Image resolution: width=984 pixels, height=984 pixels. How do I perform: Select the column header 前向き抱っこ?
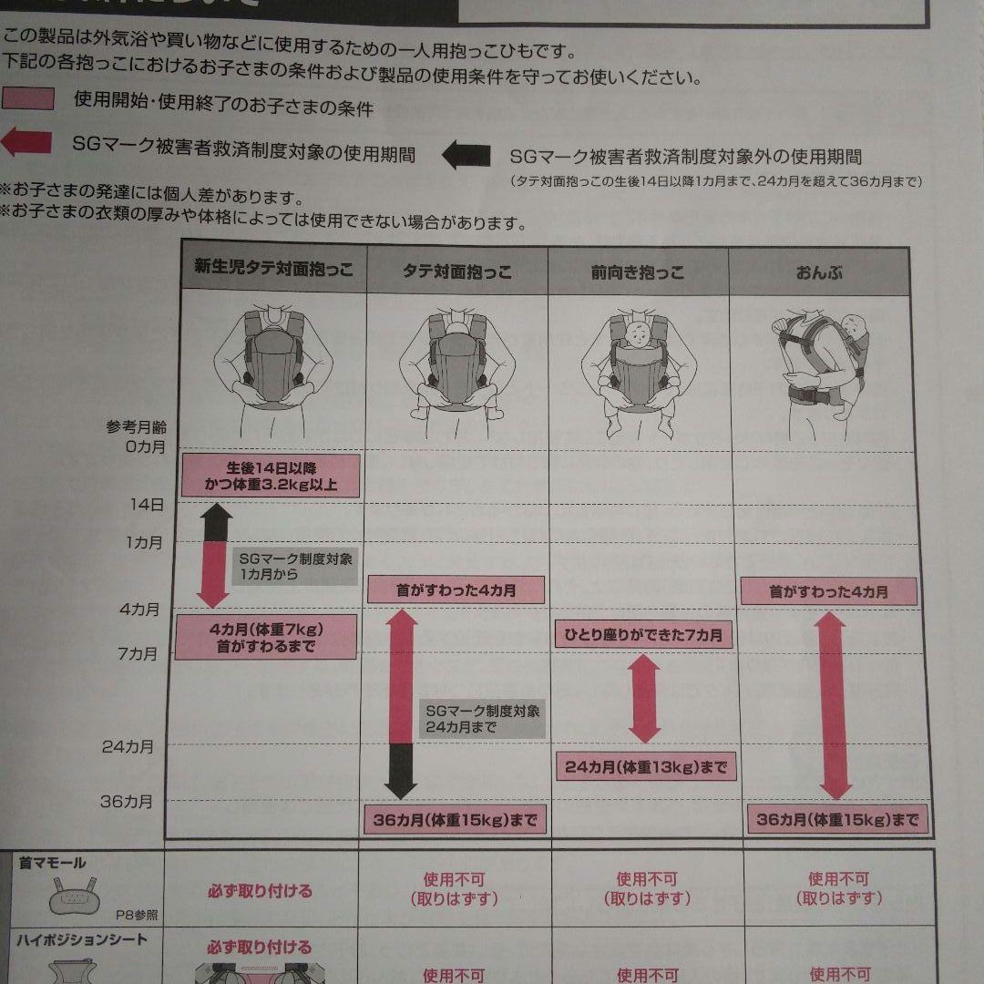[638, 272]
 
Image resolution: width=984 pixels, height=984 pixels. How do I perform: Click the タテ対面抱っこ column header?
[456, 272]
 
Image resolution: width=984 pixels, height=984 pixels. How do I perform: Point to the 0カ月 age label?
[142, 446]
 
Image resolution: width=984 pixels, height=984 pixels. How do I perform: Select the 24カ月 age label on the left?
[128, 747]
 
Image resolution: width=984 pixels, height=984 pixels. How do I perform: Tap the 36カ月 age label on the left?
[127, 802]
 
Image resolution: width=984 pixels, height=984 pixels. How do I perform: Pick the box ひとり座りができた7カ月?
[643, 634]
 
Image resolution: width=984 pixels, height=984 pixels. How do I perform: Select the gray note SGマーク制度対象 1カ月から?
[295, 567]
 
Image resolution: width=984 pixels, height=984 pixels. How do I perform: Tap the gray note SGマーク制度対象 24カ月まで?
[482, 719]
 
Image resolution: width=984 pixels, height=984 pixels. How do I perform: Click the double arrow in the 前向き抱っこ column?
[644, 699]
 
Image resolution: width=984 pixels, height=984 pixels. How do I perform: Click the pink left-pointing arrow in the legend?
[26, 144]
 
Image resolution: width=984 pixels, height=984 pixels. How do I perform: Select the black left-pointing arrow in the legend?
[466, 155]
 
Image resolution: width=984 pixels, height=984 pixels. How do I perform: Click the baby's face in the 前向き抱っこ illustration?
[639, 333]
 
